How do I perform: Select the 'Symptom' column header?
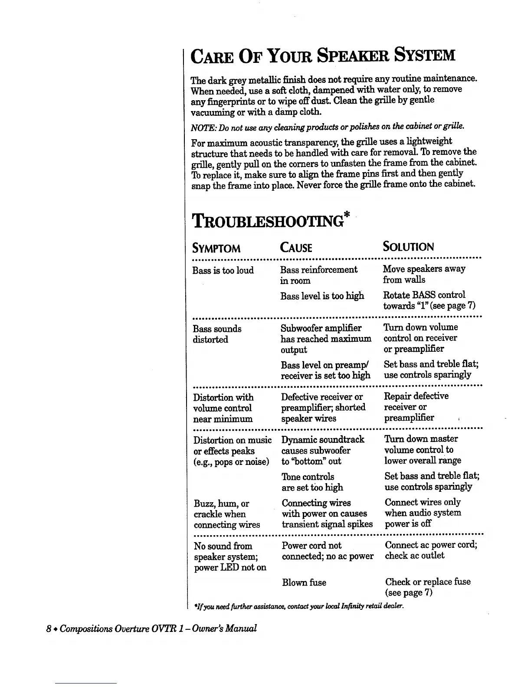(x=216, y=249)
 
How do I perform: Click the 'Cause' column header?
(x=296, y=248)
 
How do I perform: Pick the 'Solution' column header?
(x=408, y=247)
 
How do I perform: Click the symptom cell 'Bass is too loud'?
(x=223, y=271)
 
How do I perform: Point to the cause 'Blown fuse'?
(x=304, y=582)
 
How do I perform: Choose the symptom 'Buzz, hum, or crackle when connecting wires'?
(x=226, y=514)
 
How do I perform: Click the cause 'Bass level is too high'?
(x=322, y=296)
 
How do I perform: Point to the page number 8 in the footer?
(x=49, y=628)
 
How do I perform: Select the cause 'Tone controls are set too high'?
(x=312, y=482)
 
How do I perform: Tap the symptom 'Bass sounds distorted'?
(x=217, y=334)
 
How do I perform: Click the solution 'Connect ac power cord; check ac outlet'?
(x=431, y=550)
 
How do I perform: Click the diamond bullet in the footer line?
(x=56, y=629)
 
